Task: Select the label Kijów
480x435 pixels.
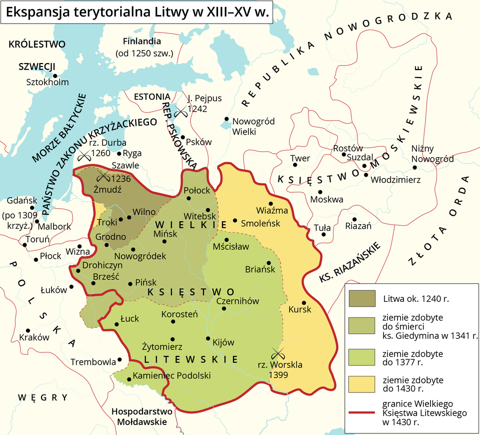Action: coord(223,342)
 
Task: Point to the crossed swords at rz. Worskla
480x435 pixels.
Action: coord(274,353)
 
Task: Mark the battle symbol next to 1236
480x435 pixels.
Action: coord(103,176)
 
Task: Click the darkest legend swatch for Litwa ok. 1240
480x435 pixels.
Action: coord(362,298)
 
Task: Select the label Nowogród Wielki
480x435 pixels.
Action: coord(247,127)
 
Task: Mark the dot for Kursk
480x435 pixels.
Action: coord(303,303)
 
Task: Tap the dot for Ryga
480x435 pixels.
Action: coord(119,153)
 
